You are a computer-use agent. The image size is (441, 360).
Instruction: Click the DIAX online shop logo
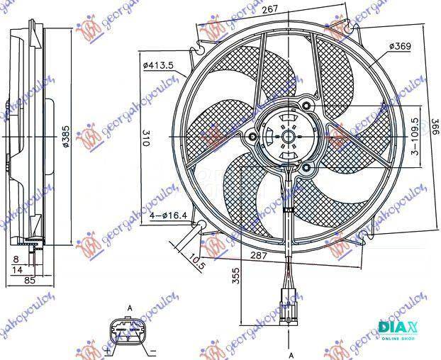400,330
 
